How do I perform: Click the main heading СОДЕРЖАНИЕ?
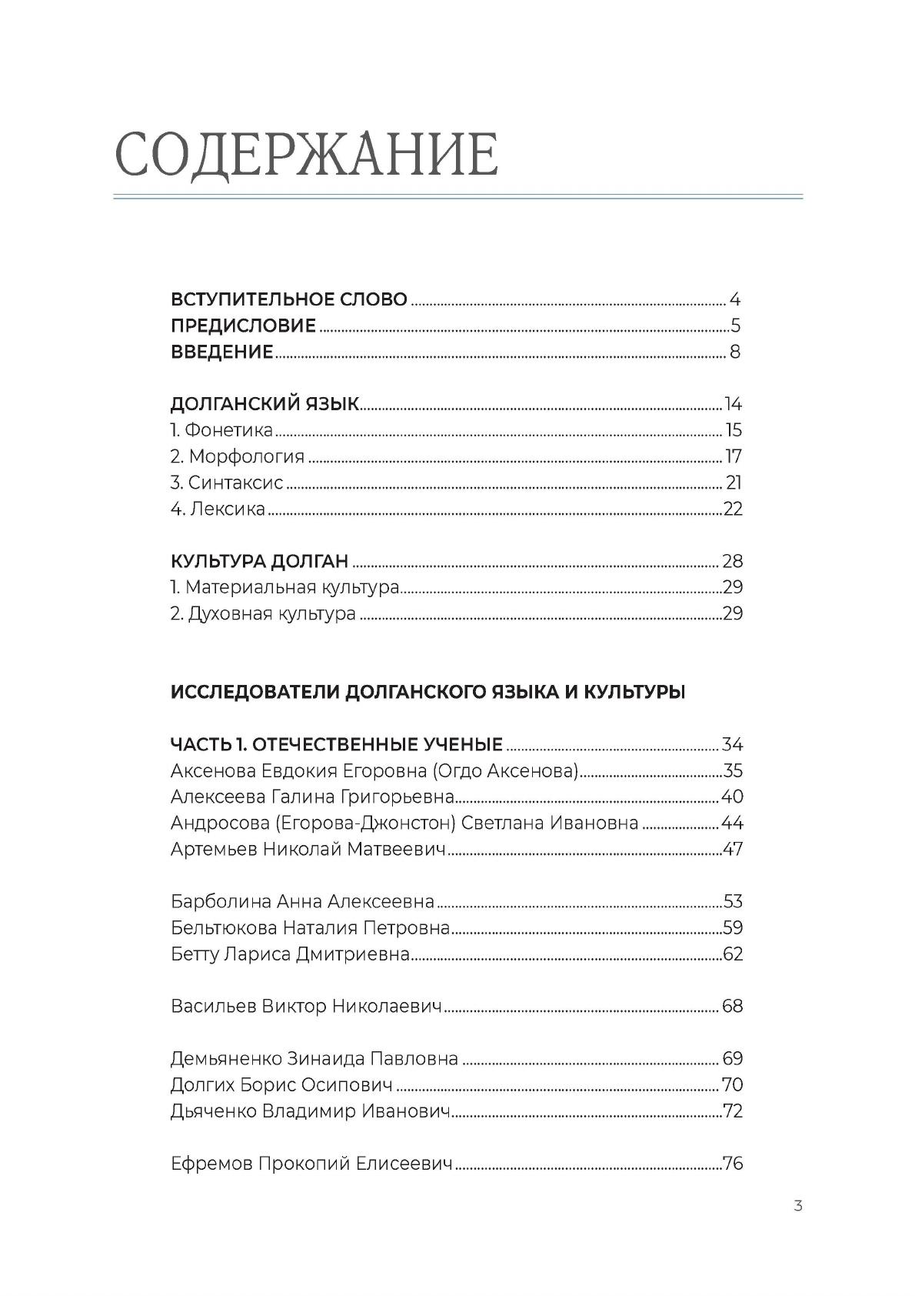[306, 155]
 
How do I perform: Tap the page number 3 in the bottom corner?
[798, 1205]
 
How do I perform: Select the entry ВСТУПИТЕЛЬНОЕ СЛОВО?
[288, 299]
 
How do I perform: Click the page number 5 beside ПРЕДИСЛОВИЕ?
[735, 326]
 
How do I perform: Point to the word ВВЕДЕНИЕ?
[221, 352]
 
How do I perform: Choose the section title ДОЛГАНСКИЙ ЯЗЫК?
[265, 404]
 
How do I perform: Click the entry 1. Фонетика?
[221, 430]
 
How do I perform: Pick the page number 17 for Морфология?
[733, 456]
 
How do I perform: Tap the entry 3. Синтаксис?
[227, 483]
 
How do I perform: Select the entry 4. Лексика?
[218, 509]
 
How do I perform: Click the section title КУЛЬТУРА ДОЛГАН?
[259, 561]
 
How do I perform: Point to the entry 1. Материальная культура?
[284, 587]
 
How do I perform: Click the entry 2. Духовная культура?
[263, 613]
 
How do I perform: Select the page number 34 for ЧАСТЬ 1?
[732, 744]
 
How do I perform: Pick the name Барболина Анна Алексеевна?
[302, 901]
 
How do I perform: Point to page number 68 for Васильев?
[732, 1006]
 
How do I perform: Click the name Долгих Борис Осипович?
[281, 1085]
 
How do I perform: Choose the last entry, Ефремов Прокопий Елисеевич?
[311, 1164]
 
